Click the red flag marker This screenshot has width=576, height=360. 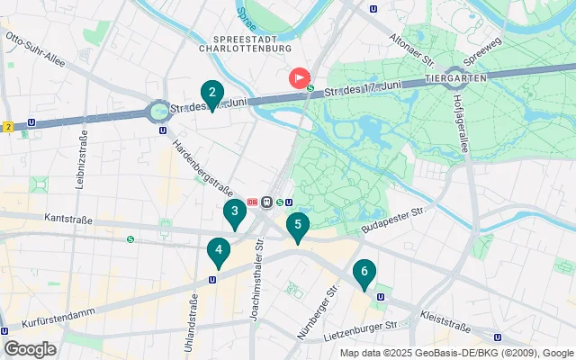tap(299, 78)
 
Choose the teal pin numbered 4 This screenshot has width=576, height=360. tap(217, 252)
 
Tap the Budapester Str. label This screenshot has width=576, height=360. tap(391, 220)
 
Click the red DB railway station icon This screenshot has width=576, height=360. tap(253, 202)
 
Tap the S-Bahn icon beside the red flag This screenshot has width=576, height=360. tap(311, 88)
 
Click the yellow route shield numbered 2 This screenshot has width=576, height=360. tap(7, 126)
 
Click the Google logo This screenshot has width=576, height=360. tap(30, 348)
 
